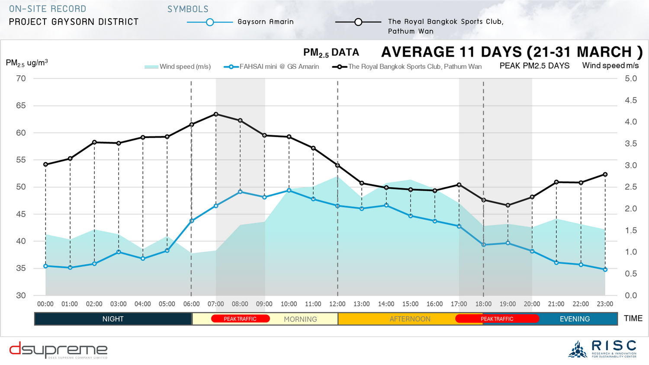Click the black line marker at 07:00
coord(216,114)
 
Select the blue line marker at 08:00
coord(240,192)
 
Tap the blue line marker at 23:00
coord(605,269)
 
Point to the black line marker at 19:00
coord(508,205)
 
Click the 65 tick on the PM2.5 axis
coord(21,106)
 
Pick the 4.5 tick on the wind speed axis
coord(631,100)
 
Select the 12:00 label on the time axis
coord(337,304)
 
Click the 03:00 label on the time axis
coord(119,304)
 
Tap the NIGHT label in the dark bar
coord(113,319)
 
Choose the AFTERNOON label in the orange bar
coord(410,319)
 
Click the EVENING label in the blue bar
coord(575,319)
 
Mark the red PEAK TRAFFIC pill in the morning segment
coord(240,319)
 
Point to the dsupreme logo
coord(58,350)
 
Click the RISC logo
coord(602,349)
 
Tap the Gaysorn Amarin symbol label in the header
coord(265,22)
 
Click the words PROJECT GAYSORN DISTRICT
coord(74,22)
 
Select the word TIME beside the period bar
coord(633,319)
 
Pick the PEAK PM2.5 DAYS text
coord(534,66)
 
